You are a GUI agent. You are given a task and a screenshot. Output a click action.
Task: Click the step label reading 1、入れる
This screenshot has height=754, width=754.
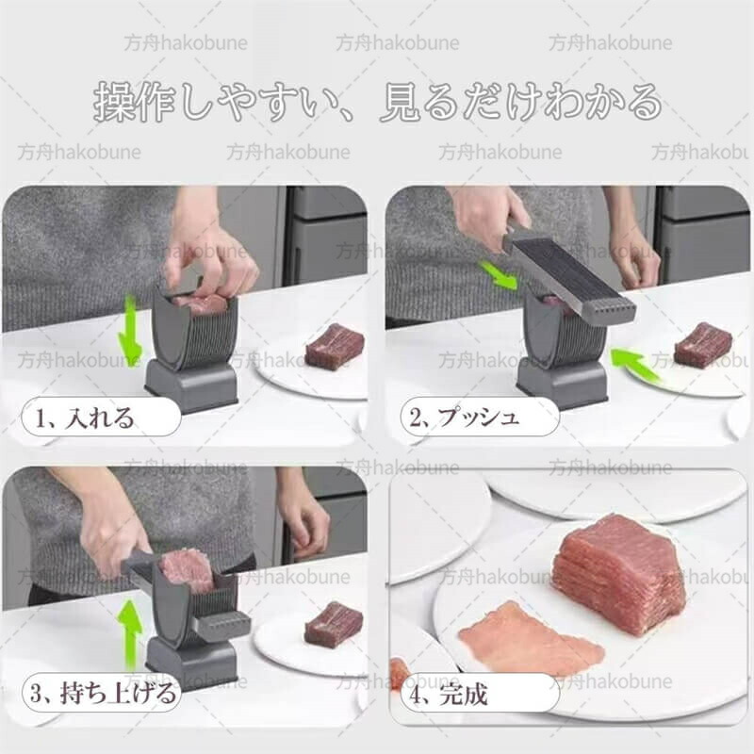pos(86,418)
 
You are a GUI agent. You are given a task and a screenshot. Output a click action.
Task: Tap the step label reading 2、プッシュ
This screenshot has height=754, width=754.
pos(465,417)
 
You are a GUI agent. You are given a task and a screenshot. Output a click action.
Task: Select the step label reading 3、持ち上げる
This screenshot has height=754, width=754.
pos(103,693)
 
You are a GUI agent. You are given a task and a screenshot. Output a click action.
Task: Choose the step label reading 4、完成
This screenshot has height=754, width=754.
pos(449,694)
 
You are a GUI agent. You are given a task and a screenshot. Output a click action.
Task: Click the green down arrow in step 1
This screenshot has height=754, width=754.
pos(130,332)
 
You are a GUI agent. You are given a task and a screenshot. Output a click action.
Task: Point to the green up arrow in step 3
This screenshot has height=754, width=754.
pos(129,634)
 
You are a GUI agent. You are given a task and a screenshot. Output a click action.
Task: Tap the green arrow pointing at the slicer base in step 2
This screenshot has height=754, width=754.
pos(634,365)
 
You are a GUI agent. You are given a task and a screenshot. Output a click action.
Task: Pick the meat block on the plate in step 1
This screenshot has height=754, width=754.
pos(335,348)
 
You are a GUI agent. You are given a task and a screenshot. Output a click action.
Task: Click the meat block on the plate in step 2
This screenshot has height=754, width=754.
pos(703,344)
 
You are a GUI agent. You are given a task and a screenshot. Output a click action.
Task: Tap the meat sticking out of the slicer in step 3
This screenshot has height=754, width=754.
pos(185,570)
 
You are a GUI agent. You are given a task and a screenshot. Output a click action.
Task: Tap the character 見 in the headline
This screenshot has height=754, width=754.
pos(399,102)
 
